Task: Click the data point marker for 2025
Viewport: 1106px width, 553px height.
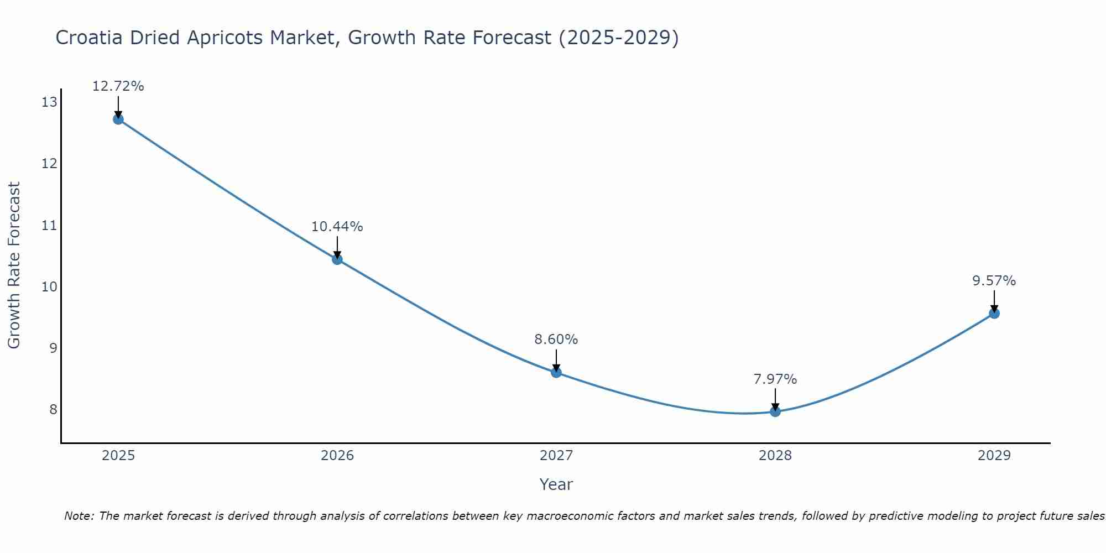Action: click(118, 119)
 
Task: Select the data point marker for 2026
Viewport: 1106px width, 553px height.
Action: click(337, 259)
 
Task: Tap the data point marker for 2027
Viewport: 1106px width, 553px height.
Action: click(556, 372)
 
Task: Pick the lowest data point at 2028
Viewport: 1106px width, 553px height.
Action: click(775, 411)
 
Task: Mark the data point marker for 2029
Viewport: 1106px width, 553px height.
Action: click(994, 313)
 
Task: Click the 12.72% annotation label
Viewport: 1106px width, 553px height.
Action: click(118, 86)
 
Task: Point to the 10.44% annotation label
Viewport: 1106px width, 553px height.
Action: click(337, 227)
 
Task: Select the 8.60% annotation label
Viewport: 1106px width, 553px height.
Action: click(556, 340)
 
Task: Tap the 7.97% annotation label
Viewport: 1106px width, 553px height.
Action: click(775, 379)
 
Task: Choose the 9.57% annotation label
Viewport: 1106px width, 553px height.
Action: click(994, 281)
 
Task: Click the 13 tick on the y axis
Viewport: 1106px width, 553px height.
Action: click(49, 102)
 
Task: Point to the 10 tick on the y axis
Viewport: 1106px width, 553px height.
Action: click(49, 286)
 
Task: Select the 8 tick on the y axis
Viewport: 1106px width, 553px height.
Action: click(53, 409)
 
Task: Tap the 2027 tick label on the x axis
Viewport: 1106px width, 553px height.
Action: click(556, 456)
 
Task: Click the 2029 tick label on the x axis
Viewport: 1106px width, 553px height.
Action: click(994, 456)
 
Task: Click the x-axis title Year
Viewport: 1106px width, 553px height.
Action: click(556, 484)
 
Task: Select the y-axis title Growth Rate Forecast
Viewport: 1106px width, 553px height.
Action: click(14, 265)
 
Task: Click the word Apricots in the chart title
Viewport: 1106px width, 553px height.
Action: click(225, 38)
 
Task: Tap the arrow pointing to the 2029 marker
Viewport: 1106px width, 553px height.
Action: click(994, 301)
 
